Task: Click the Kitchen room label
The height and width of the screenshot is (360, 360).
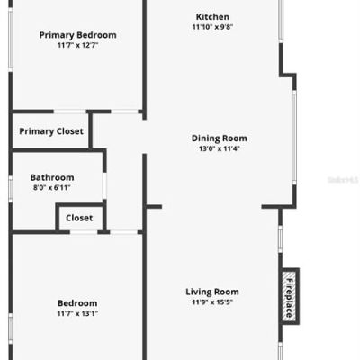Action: [212, 17]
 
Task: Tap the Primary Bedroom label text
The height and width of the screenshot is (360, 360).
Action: [77, 35]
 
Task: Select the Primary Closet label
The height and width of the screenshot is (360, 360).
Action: [51, 131]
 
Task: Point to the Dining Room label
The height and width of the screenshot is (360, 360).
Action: [220, 139]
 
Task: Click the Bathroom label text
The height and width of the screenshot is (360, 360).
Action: [52, 177]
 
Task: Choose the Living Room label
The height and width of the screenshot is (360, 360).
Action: [212, 292]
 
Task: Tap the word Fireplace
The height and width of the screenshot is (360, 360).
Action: [290, 298]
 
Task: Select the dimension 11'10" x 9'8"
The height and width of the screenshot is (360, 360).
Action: [212, 27]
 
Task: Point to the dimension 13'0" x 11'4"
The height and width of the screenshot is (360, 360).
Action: [220, 148]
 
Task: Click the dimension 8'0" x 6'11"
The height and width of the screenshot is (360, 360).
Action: [52, 188]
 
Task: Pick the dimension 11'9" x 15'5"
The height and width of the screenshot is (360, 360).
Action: [212, 301]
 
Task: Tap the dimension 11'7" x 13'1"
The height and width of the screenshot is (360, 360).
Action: [77, 313]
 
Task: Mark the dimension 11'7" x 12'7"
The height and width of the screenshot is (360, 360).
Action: [77, 45]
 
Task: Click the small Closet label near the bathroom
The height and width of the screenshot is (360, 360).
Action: [79, 218]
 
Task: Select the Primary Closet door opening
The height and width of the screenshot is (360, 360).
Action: [70, 112]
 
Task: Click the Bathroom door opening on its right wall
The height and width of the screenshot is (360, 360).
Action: [104, 186]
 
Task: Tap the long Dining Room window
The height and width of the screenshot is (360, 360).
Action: [294, 138]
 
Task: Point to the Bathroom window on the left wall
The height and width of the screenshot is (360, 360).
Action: [11, 189]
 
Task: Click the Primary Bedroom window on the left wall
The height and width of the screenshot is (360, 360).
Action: [11, 40]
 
